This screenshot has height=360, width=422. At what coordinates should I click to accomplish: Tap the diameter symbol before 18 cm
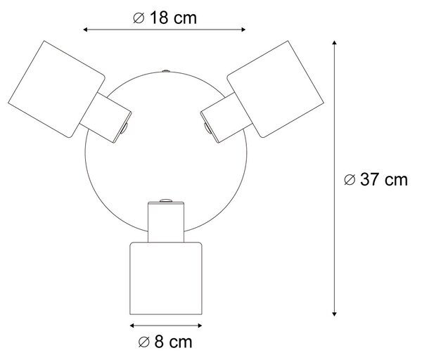pyautogui.click(x=139, y=18)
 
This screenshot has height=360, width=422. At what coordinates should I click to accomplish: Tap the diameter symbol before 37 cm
pyautogui.click(x=350, y=179)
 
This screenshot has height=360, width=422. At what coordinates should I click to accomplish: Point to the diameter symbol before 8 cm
pyautogui.click(x=143, y=342)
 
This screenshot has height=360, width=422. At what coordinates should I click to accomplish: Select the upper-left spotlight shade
pyautogui.click(x=56, y=89)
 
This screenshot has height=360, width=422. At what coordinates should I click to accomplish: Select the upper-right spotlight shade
pyautogui.click(x=275, y=89)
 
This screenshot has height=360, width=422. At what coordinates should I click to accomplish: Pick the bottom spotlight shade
pyautogui.click(x=166, y=278)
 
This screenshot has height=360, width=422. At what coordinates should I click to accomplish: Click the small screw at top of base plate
pyautogui.click(x=165, y=71)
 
